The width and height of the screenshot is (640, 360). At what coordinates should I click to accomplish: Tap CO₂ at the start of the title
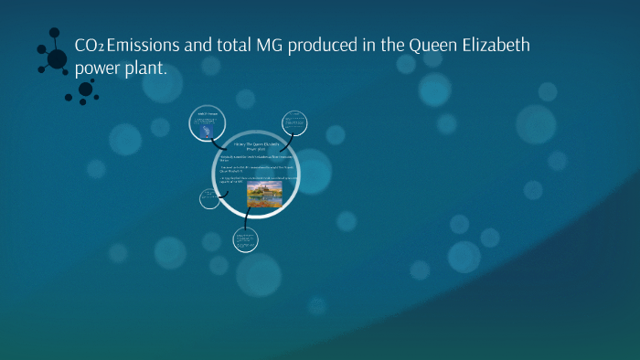pyautogui.click(x=90, y=47)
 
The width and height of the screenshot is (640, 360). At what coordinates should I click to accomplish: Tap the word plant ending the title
pyautogui.click(x=146, y=69)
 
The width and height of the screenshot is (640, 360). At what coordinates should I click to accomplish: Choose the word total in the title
pyautogui.click(x=220, y=47)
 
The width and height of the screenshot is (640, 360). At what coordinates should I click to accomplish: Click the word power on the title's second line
pyautogui.click(x=99, y=70)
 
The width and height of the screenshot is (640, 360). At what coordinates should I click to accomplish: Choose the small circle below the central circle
pyautogui.click(x=244, y=240)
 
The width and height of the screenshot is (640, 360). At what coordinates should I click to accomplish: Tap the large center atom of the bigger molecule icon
pyautogui.click(x=57, y=59)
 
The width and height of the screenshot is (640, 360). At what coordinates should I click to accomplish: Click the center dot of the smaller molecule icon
pyautogui.click(x=86, y=89)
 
